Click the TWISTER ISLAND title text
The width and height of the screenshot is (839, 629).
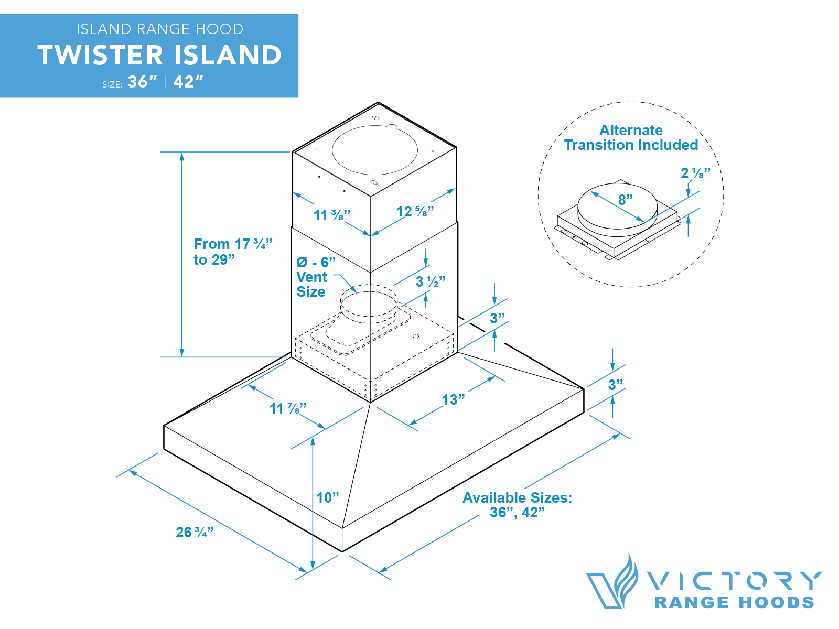coord(159,56)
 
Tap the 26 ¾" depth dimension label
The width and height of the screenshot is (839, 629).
coord(195,533)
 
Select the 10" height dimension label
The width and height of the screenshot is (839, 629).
coord(328,497)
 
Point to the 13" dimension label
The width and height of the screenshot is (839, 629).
coord(453,400)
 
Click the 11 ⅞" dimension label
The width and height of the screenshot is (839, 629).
coord(287,409)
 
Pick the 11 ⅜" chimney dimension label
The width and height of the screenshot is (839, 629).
coord(331,215)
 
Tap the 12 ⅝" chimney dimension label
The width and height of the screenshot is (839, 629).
coord(415,212)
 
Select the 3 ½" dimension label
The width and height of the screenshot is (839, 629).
coord(430,282)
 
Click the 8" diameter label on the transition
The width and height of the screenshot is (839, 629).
coord(625,200)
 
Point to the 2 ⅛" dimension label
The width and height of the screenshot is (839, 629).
coord(695,173)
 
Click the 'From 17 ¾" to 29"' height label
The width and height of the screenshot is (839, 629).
coord(232,252)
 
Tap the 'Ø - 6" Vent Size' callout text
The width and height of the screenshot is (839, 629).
coord(315,277)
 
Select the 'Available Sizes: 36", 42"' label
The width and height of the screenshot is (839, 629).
coord(517,505)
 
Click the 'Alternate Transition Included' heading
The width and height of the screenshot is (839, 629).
coord(631,137)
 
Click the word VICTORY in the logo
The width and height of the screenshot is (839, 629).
coord(734,581)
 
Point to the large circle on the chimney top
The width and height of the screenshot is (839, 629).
coord(374,150)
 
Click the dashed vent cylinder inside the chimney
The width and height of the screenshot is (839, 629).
coord(369,304)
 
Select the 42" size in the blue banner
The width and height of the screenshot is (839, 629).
coord(188,82)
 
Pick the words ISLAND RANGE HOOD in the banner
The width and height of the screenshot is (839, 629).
coord(159,29)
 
